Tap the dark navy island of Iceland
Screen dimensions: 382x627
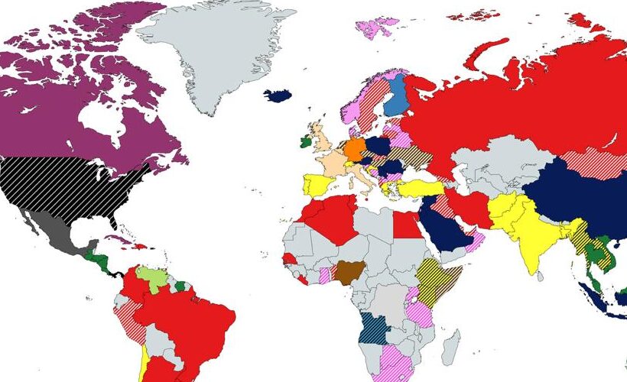pos(278,95)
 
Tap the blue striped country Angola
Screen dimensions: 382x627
pos(375,330)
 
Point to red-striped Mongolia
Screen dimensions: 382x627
pos(584,165)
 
